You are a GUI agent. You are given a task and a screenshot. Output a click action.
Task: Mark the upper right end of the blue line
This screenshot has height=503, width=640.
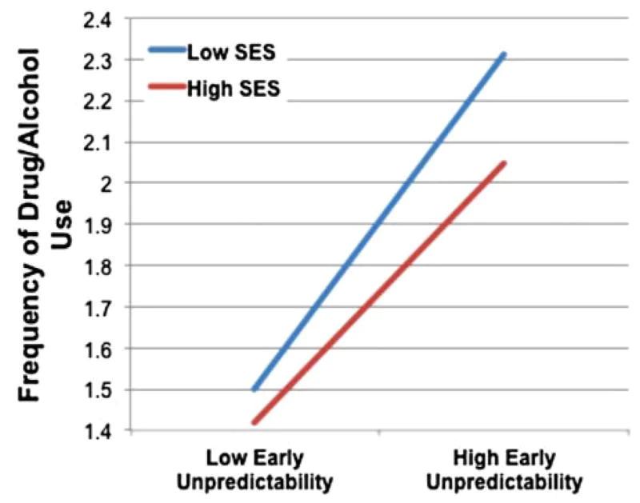coord(504,54)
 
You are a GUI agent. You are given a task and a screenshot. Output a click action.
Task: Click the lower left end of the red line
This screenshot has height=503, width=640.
coord(254,422)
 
